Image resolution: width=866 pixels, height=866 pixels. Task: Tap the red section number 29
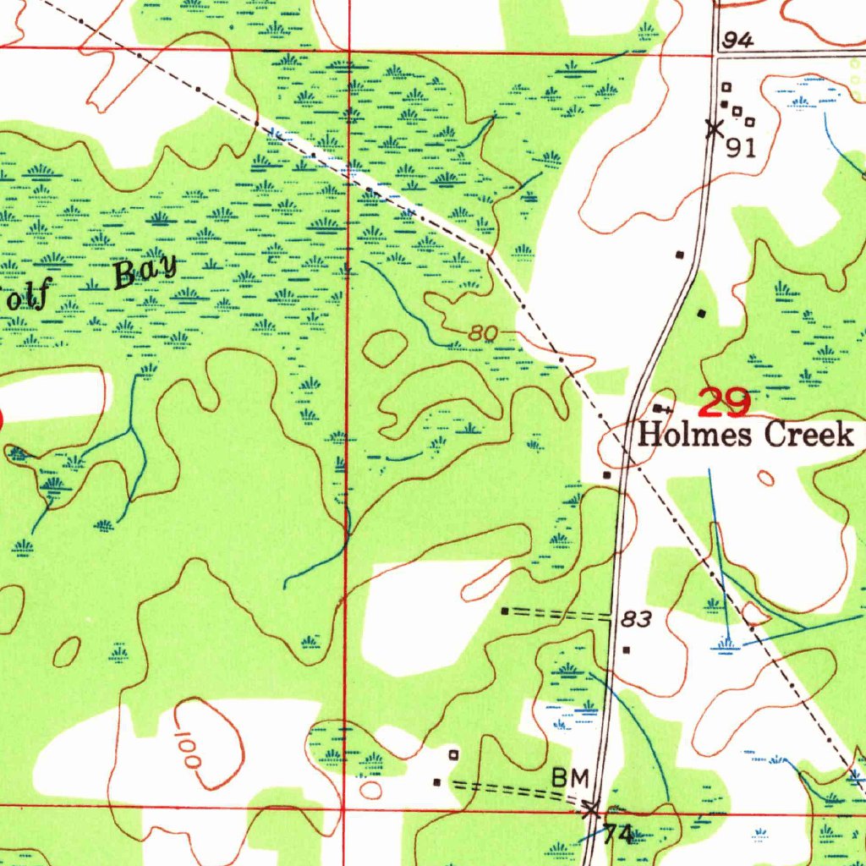pyautogui.click(x=725, y=403)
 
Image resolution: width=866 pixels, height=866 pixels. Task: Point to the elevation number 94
pyautogui.click(x=738, y=41)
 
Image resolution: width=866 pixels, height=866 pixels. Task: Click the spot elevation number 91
pyautogui.click(x=741, y=148)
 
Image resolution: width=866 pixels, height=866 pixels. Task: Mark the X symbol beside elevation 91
pyautogui.click(x=714, y=129)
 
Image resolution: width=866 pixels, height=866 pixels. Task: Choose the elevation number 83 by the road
pyautogui.click(x=636, y=620)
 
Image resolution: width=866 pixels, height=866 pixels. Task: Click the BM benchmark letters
pyautogui.click(x=568, y=776)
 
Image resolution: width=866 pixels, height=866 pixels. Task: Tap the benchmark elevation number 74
pyautogui.click(x=617, y=835)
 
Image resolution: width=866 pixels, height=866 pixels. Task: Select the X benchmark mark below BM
pyautogui.click(x=591, y=808)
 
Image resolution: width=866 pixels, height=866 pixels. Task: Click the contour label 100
pyautogui.click(x=189, y=748)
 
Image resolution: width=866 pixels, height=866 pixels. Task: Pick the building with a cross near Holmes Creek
pyautogui.click(x=659, y=408)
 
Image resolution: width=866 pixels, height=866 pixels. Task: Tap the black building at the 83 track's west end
pyautogui.click(x=505, y=611)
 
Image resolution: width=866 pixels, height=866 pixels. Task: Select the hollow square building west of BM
pyautogui.click(x=453, y=754)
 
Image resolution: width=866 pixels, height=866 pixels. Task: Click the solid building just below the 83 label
pyautogui.click(x=626, y=650)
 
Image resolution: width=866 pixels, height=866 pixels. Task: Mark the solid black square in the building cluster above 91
pyautogui.click(x=725, y=104)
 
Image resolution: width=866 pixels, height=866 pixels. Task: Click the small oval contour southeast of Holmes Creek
pyautogui.click(x=765, y=479)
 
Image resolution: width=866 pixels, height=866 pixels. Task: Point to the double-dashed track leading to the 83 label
pyautogui.click(x=558, y=615)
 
